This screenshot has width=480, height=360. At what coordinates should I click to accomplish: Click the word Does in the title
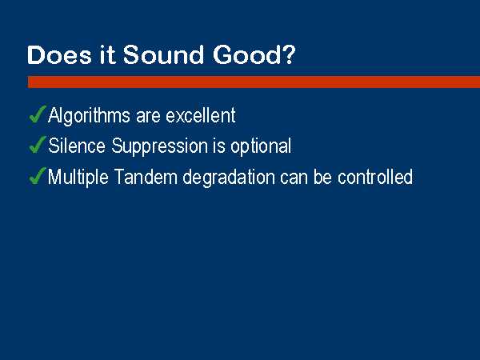(59, 54)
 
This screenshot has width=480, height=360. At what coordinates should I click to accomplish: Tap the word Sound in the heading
(163, 54)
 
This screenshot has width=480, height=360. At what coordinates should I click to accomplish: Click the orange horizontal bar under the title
(254, 82)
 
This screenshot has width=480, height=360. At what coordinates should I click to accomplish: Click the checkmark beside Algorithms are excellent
(38, 114)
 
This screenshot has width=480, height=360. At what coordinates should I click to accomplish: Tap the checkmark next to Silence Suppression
(38, 144)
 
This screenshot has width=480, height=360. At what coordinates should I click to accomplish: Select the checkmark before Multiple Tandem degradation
(38, 176)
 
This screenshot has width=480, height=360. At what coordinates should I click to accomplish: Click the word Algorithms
(89, 116)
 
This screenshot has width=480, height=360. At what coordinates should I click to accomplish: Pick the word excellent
(201, 115)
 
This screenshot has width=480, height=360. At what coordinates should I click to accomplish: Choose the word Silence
(77, 146)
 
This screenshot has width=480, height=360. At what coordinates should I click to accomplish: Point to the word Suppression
(159, 146)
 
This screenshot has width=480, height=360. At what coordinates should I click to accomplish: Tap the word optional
(261, 146)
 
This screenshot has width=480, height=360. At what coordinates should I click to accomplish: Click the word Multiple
(78, 178)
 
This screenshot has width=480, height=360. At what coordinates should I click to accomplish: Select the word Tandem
(146, 177)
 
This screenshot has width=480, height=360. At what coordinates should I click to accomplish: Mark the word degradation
(229, 178)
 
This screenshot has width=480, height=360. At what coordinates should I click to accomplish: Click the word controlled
(375, 177)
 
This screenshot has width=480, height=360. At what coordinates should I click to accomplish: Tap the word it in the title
(107, 54)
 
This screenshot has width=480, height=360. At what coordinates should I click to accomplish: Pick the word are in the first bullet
(148, 118)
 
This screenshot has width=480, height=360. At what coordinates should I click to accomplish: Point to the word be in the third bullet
(322, 177)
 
